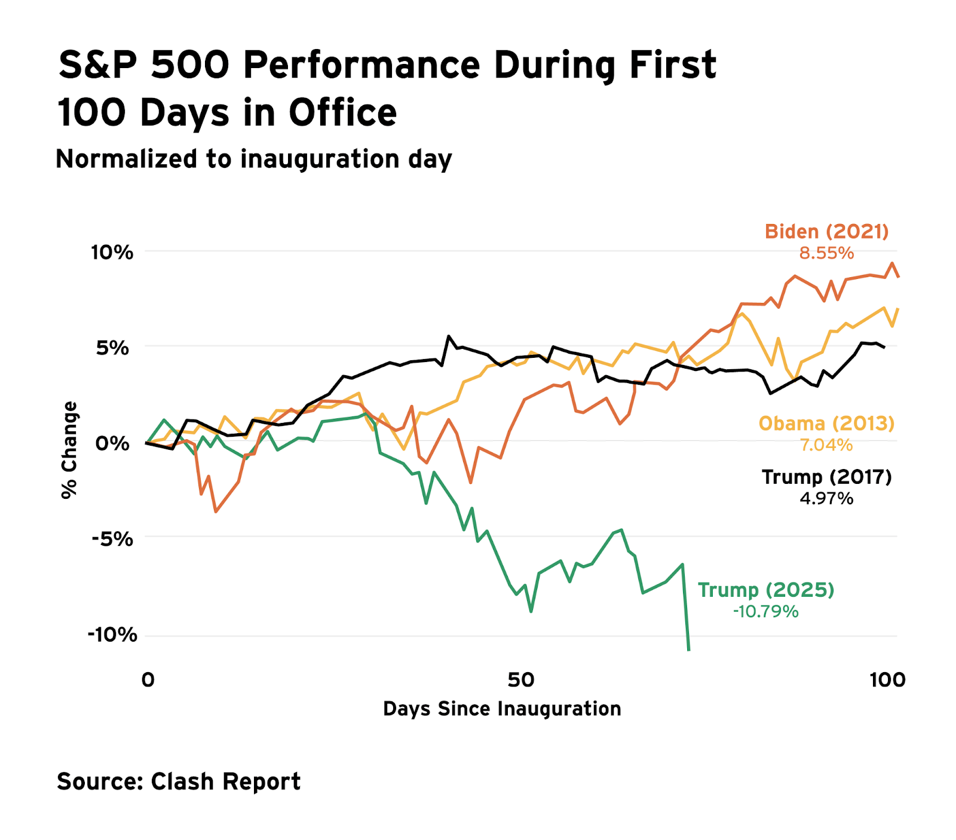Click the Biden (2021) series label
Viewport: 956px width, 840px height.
pyautogui.click(x=826, y=231)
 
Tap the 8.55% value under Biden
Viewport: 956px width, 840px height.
pyautogui.click(x=826, y=253)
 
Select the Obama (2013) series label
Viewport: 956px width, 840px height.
pyautogui.click(x=826, y=424)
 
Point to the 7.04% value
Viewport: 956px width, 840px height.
pyautogui.click(x=826, y=445)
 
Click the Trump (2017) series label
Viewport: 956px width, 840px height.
pyautogui.click(x=826, y=477)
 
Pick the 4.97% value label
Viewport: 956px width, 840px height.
pyautogui.click(x=826, y=498)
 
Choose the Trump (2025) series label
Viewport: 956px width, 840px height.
pyautogui.click(x=766, y=590)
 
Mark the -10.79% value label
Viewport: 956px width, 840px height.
pyautogui.click(x=765, y=612)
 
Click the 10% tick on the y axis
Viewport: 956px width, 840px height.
pyautogui.click(x=112, y=252)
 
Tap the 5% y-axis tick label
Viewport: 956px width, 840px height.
pyautogui.click(x=112, y=348)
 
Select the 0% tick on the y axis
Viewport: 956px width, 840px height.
pyautogui.click(x=112, y=443)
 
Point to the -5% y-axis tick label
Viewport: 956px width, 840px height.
pyautogui.click(x=112, y=539)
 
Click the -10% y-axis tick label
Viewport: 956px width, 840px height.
pyautogui.click(x=112, y=634)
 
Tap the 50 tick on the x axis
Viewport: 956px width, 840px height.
pyautogui.click(x=520, y=679)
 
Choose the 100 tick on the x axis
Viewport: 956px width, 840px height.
pyautogui.click(x=887, y=679)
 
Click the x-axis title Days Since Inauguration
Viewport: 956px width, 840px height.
pyautogui.click(x=502, y=709)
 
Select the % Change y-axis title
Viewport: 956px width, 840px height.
pyautogui.click(x=69, y=450)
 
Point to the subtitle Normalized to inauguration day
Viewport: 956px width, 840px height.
pyautogui.click(x=253, y=160)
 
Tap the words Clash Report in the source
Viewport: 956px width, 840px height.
pyautogui.click(x=225, y=781)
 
